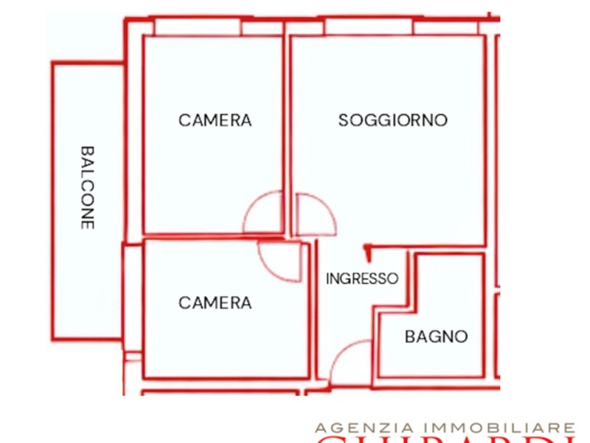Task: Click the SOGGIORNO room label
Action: (x=392, y=120)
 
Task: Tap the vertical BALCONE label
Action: (x=88, y=187)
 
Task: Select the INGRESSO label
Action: (x=362, y=279)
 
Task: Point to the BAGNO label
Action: (x=436, y=337)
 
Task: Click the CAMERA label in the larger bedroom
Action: (x=215, y=120)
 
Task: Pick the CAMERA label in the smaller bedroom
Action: (x=215, y=303)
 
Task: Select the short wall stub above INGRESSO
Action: (x=367, y=252)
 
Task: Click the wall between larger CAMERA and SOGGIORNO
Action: (x=286, y=133)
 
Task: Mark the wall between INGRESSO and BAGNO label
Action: (x=378, y=340)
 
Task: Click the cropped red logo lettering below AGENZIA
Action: (x=442, y=440)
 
